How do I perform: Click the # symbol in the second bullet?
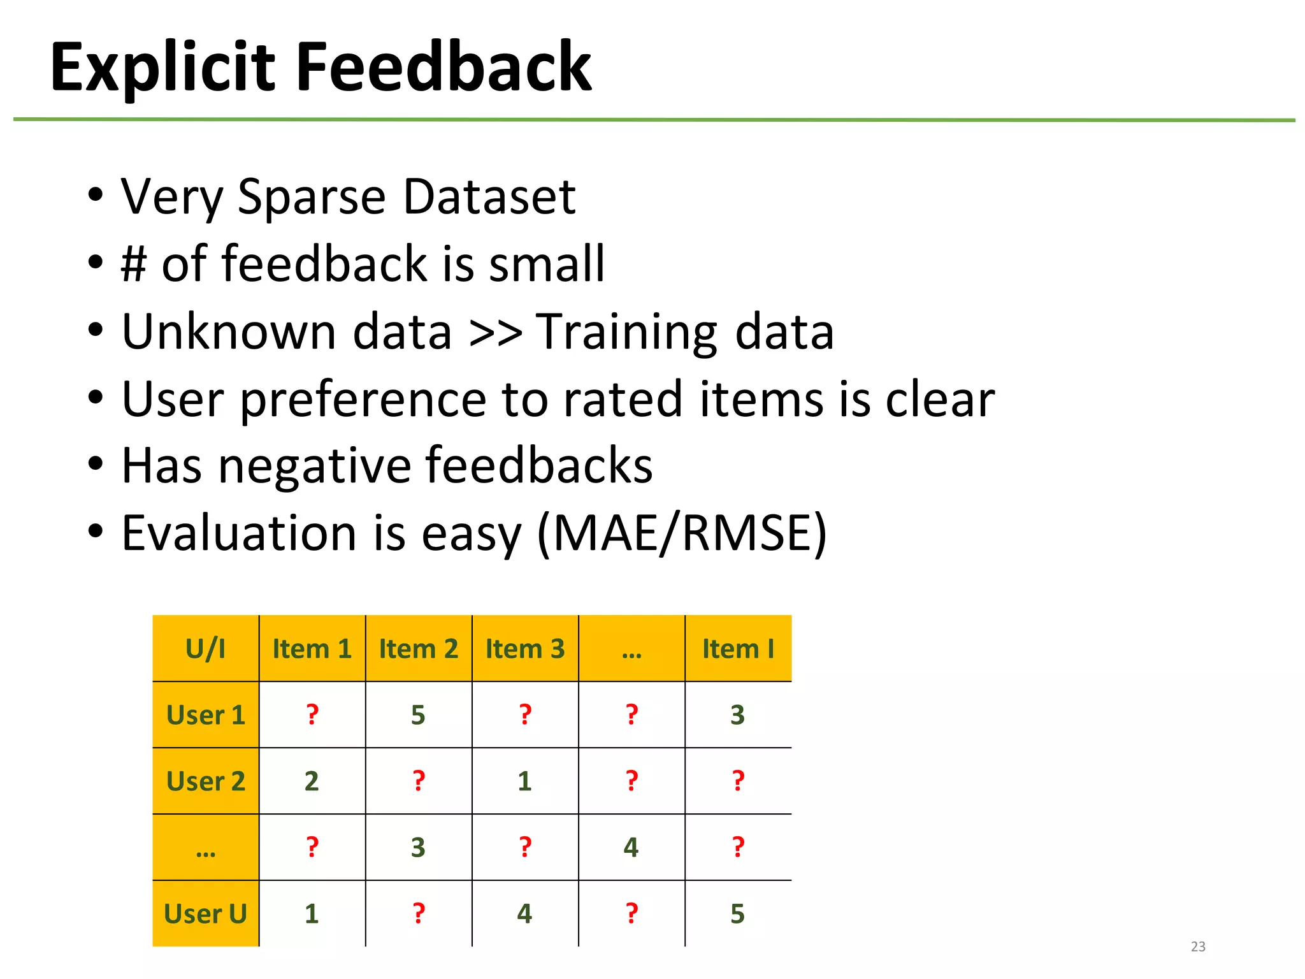[134, 264]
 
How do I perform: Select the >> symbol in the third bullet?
[495, 332]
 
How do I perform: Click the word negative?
[315, 466]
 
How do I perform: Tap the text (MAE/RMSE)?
[682, 533]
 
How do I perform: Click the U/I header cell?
[205, 649]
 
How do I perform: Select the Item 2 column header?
[419, 649]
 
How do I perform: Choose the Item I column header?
[738, 649]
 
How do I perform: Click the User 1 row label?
[205, 715]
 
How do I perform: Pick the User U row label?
[205, 914]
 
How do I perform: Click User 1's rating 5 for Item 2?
[418, 715]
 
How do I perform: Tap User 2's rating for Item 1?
[312, 781]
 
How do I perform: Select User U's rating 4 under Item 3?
[524, 914]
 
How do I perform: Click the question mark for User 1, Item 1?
[312, 715]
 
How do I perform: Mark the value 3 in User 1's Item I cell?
[737, 715]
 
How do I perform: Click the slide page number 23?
[1198, 946]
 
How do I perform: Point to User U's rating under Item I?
[737, 914]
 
